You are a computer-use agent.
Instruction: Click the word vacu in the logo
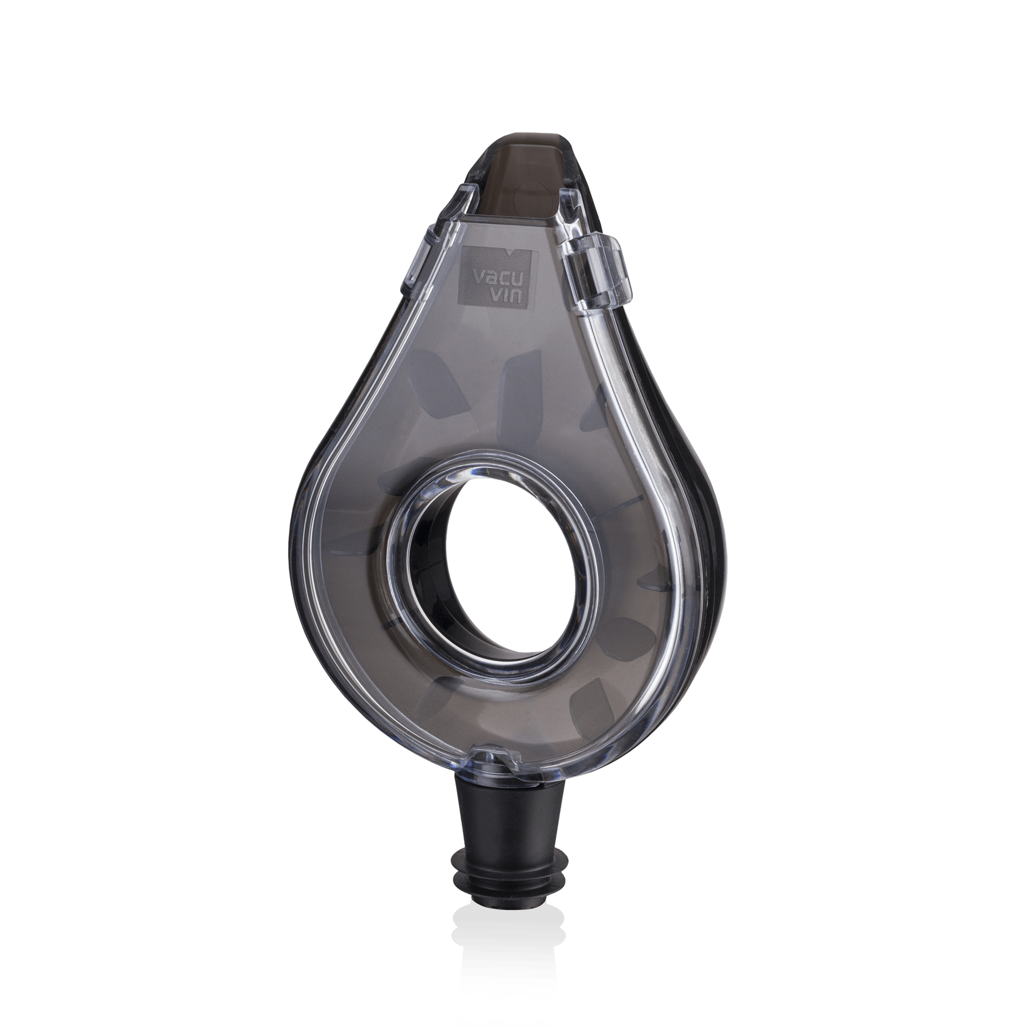495,278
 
